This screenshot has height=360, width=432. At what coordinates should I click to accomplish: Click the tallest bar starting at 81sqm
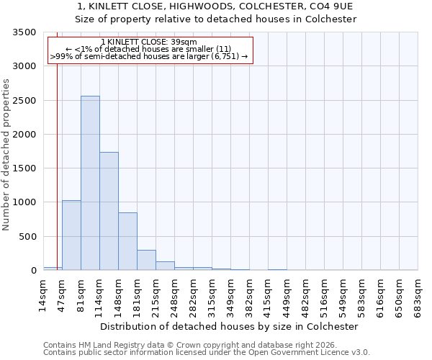[90, 183]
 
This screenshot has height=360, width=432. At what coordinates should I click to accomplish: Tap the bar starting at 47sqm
[71, 235]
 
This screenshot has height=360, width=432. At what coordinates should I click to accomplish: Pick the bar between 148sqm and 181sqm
[127, 241]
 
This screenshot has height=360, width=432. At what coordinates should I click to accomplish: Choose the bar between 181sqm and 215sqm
[146, 260]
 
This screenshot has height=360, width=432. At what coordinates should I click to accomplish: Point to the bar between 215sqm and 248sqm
[165, 266]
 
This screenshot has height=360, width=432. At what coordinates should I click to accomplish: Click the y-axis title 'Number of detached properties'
[6, 151]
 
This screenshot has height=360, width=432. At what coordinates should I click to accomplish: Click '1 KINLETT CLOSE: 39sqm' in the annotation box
[149, 42]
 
